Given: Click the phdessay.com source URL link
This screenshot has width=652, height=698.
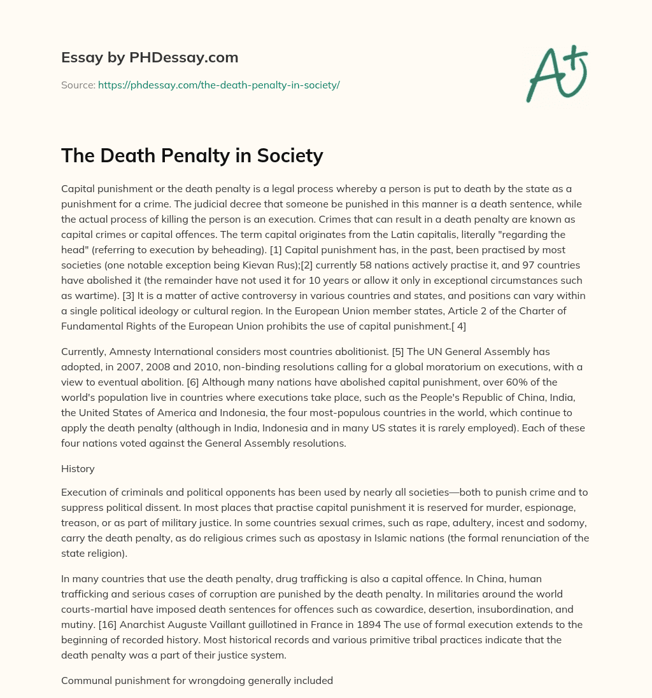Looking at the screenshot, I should tap(218, 85).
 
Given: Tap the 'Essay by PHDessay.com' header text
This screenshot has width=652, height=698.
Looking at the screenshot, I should tap(150, 57).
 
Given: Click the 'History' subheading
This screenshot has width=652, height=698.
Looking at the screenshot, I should tap(78, 468).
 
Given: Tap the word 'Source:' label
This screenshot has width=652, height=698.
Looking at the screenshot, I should tap(78, 85).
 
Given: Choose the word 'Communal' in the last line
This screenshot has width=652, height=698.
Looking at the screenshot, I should tap(85, 680).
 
